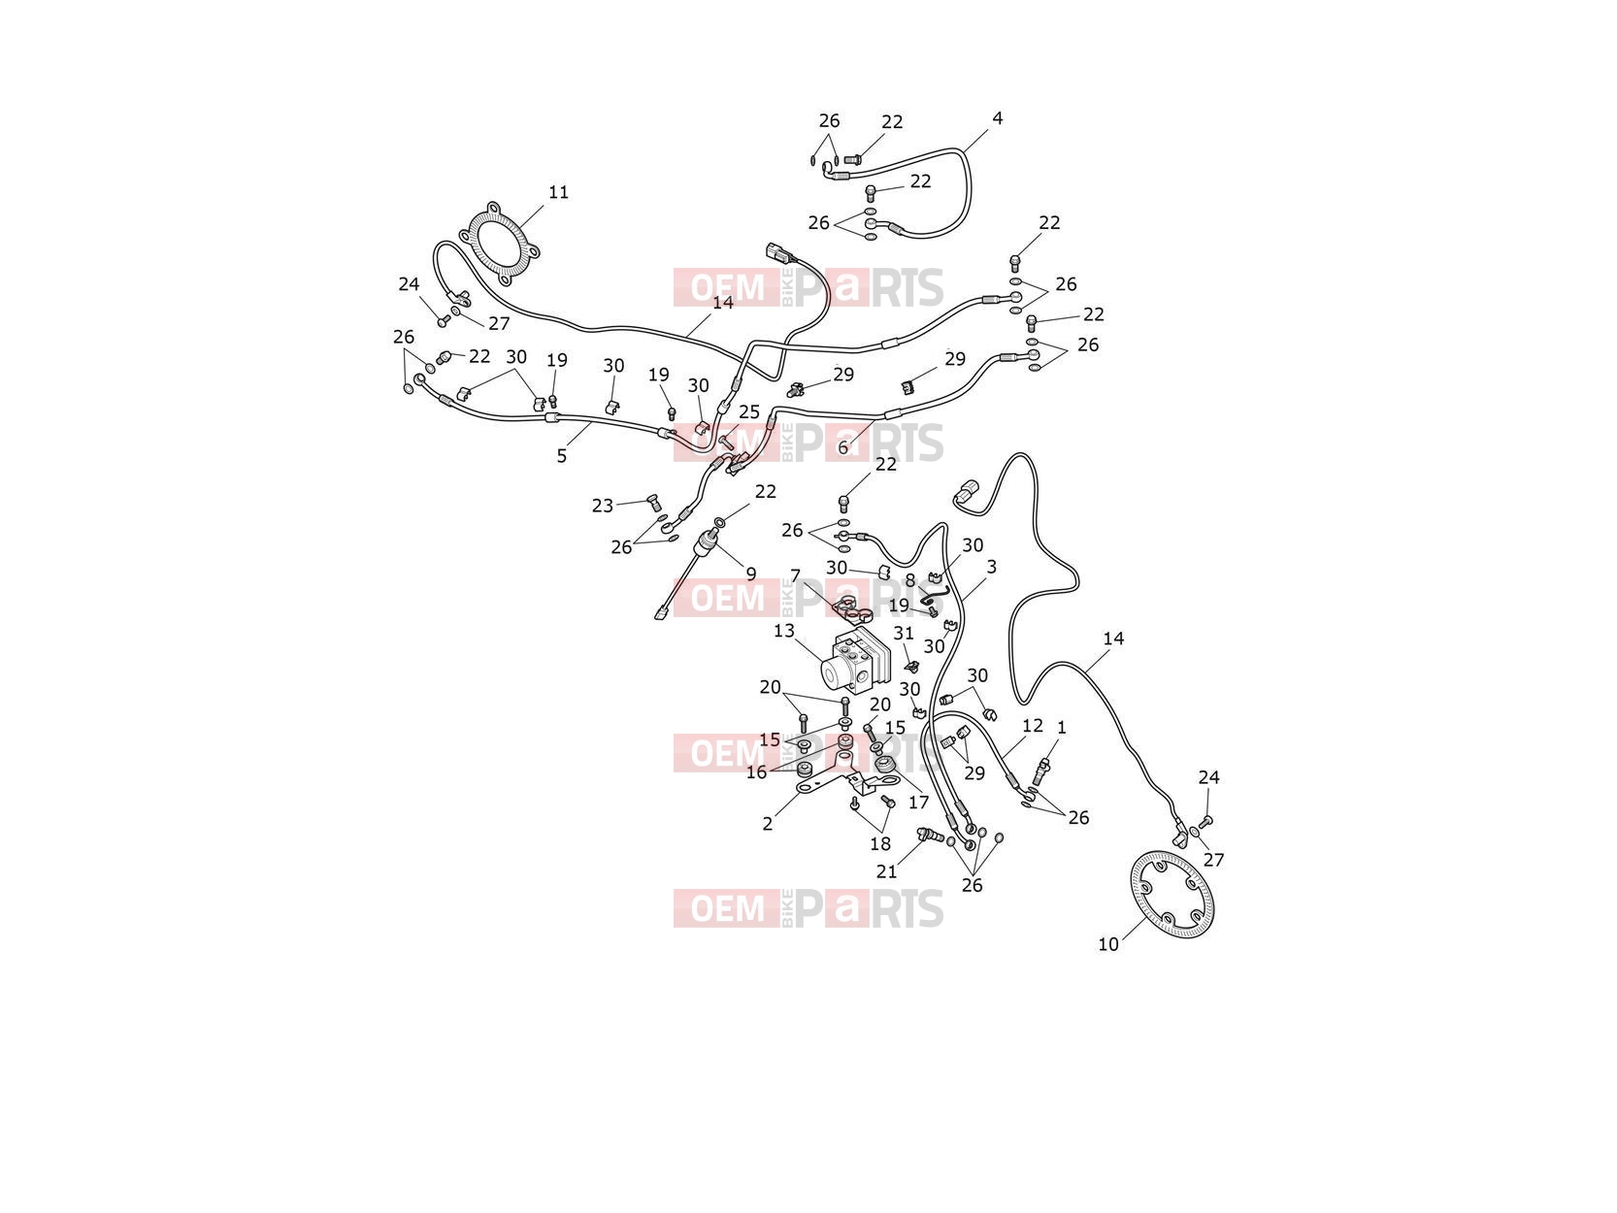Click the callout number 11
[x=558, y=192]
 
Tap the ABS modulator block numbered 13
[x=857, y=662]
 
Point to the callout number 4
[x=997, y=118]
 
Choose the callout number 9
[x=750, y=574]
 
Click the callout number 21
[x=886, y=871]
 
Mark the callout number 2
[x=768, y=824]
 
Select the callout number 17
[x=918, y=803]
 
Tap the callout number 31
[x=904, y=634]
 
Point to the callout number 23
[x=603, y=506]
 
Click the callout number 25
[x=748, y=412]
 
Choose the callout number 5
[x=561, y=457]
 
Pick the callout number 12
[x=1033, y=726]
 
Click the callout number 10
[x=1108, y=944]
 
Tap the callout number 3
[x=992, y=567]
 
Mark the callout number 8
[x=909, y=581]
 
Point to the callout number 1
[x=1062, y=728]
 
